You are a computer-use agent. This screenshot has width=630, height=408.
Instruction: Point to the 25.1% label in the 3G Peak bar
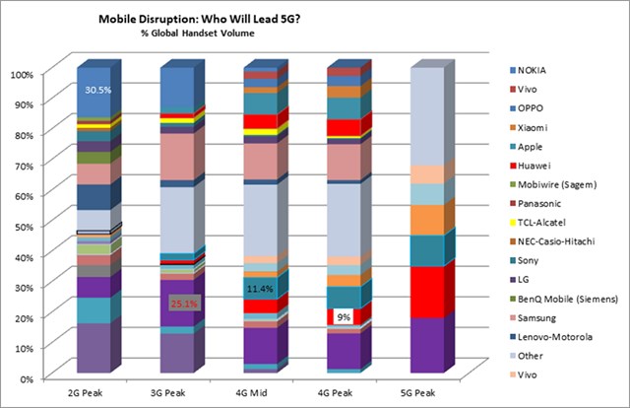[185, 304]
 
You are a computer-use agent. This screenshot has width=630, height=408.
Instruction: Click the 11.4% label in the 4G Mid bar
[259, 289]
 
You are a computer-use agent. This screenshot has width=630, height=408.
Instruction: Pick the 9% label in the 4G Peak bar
[344, 317]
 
